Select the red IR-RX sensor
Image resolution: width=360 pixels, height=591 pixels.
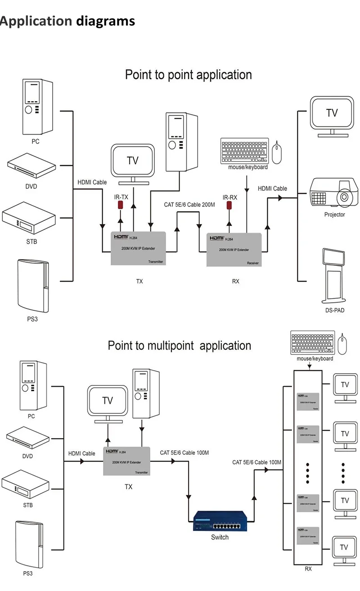pyautogui.click(x=229, y=206)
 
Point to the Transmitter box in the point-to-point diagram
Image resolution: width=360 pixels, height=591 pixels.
pyautogui.click(x=138, y=248)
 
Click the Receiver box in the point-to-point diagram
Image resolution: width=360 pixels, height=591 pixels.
pyautogui.click(x=234, y=250)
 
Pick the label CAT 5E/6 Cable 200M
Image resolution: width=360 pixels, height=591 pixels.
pyautogui.click(x=189, y=205)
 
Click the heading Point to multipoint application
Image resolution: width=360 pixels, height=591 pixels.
pyautogui.click(x=179, y=346)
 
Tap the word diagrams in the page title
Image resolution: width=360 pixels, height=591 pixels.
pyautogui.click(x=105, y=21)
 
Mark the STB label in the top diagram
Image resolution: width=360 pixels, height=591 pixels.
pyautogui.click(x=31, y=242)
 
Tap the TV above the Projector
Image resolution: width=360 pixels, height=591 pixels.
pyautogui.click(x=332, y=116)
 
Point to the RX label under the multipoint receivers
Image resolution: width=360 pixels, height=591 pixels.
pyautogui.click(x=308, y=569)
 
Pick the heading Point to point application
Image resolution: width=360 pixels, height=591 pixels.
pyautogui.click(x=188, y=75)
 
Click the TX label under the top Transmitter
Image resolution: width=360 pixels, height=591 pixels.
pyautogui.click(x=139, y=281)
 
